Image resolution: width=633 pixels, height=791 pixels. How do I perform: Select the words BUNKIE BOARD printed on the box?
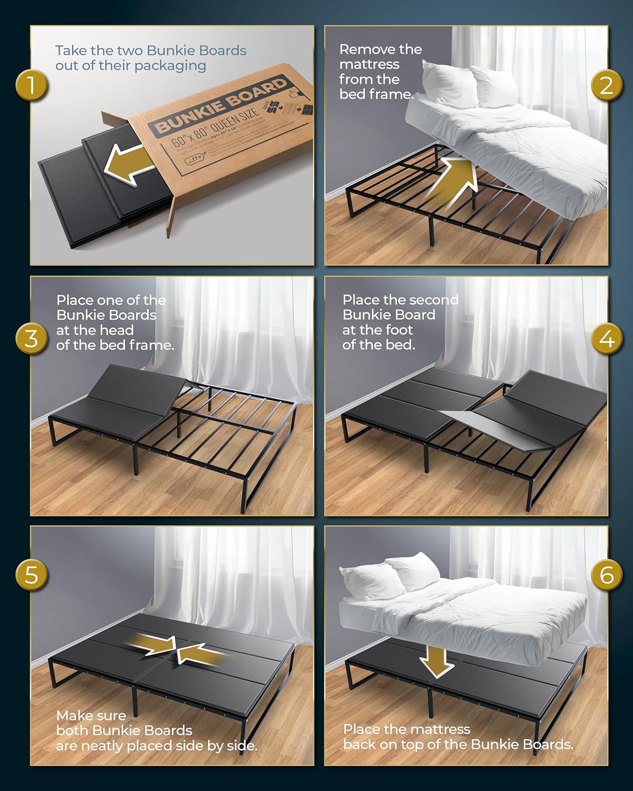click(x=222, y=105)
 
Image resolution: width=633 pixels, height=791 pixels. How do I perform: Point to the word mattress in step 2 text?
click(x=369, y=64)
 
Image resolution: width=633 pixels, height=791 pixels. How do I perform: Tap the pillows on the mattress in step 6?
click(x=390, y=572)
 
